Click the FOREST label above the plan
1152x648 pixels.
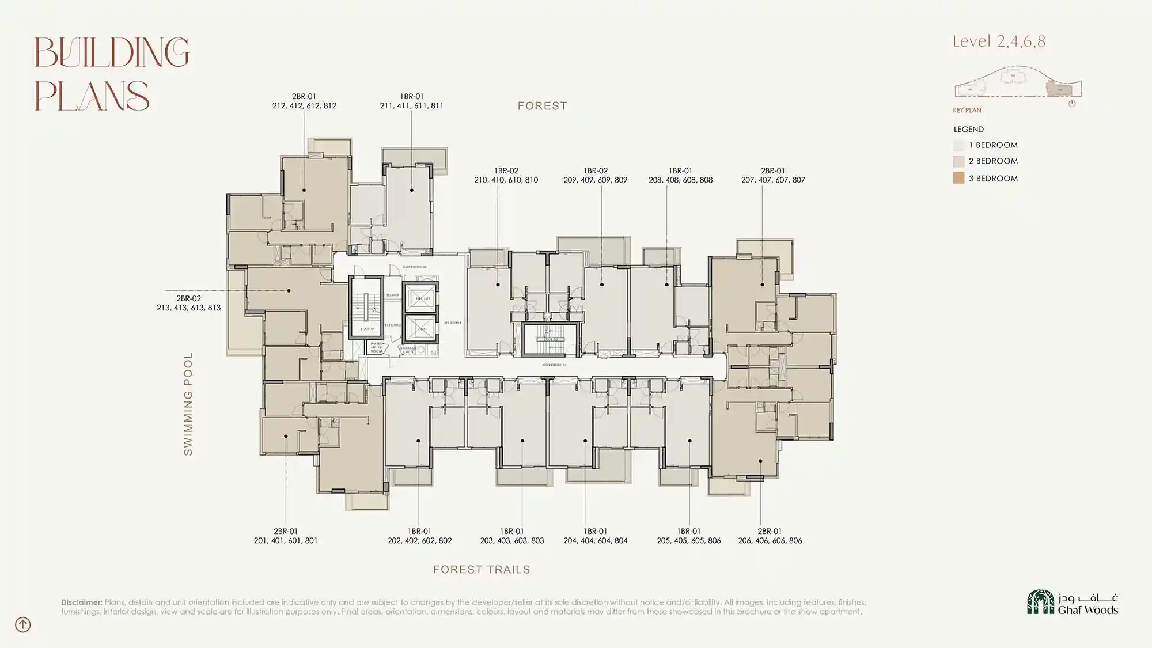coord(542,106)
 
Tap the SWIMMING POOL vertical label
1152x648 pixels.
coord(188,404)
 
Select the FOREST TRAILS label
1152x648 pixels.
coord(482,570)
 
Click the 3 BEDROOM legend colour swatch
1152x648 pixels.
coord(958,178)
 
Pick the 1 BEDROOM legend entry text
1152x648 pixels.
coord(993,145)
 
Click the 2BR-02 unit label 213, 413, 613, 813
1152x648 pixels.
coord(188,308)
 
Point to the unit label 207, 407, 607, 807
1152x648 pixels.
coord(773,180)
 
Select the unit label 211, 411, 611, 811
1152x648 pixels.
coord(411,105)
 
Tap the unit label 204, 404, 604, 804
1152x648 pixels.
coord(595,540)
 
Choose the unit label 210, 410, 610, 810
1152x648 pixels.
coord(506,180)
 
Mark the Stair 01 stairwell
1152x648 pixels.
coord(366,308)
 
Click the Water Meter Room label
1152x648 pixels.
coord(376,348)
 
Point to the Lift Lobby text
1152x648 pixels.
coord(452,323)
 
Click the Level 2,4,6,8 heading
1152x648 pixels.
coord(999,41)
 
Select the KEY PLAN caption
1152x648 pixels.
coord(967,110)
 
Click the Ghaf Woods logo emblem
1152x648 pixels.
coord(1040,602)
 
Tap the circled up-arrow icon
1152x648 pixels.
coord(23,624)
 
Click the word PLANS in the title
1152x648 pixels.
coord(92,96)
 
